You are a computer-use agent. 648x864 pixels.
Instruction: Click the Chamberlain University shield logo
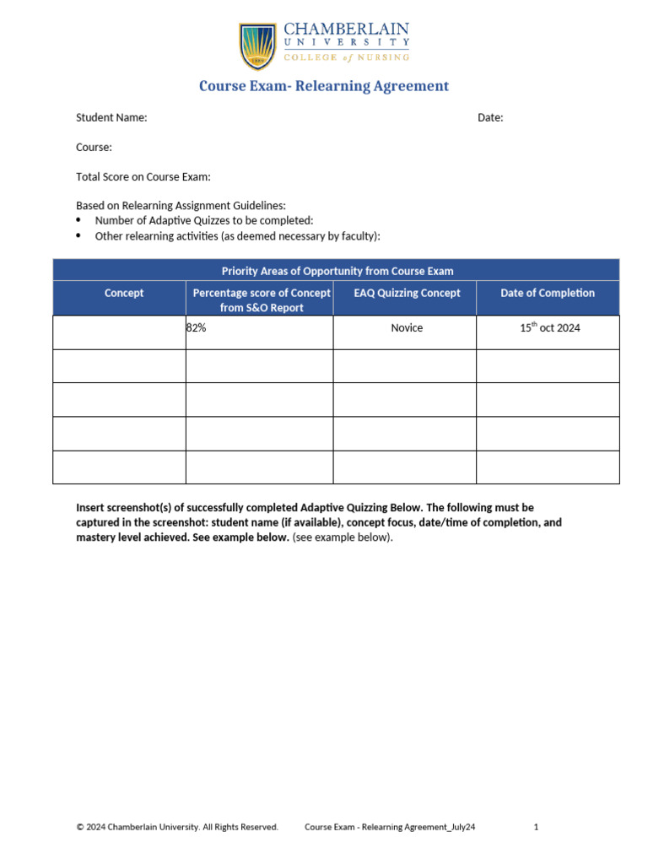[257, 46]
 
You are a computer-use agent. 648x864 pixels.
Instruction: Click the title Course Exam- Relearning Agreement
[324, 86]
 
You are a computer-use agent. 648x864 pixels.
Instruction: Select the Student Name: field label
[111, 118]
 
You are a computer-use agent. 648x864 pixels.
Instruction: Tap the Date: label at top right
[490, 118]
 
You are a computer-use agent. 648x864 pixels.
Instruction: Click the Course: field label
[94, 148]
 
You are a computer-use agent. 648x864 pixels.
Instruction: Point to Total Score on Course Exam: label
[143, 177]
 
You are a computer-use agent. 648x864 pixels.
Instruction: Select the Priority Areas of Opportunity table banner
[337, 271]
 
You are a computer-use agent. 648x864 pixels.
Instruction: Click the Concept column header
[124, 293]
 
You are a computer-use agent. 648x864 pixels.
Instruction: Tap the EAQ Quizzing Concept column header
[407, 293]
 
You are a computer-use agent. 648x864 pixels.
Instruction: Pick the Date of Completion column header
[548, 293]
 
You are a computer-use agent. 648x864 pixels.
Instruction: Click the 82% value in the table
[197, 328]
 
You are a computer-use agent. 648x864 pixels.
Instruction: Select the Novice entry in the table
[407, 328]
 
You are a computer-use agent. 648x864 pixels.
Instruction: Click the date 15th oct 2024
[549, 328]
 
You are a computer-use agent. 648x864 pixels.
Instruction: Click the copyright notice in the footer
[177, 828]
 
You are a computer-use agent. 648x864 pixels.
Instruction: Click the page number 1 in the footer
[536, 828]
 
